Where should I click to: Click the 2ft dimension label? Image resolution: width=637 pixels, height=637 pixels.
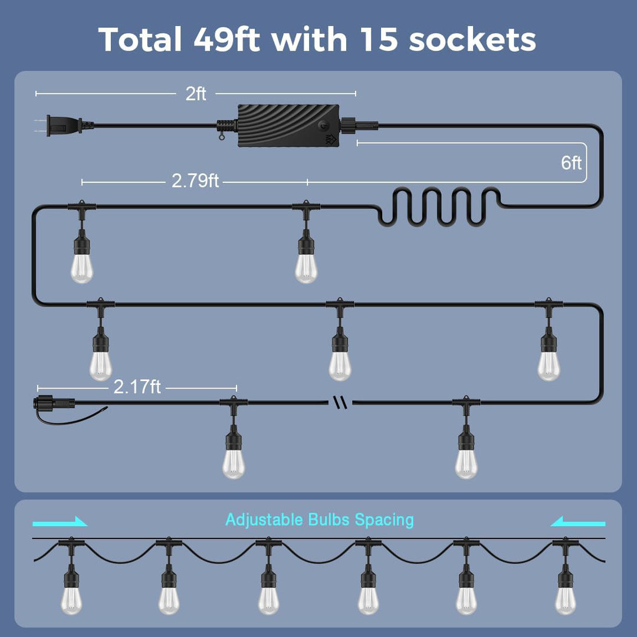tap(196, 94)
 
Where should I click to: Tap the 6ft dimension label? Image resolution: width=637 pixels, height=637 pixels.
tap(571, 163)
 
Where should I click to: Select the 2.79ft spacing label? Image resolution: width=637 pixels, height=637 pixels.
tap(195, 181)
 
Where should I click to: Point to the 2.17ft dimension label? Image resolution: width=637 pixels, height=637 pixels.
tap(137, 387)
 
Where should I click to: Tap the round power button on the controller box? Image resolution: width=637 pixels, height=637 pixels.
tap(323, 126)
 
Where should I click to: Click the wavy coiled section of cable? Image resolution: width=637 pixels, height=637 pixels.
tap(439, 206)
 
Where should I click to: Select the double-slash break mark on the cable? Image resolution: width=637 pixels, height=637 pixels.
tap(340, 403)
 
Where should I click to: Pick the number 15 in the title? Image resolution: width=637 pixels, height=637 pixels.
tap(379, 40)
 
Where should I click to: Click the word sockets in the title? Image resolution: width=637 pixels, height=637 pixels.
tap(472, 40)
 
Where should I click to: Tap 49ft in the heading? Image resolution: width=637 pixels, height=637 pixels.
tap(226, 40)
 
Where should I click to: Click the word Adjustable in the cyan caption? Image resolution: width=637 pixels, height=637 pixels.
tap(264, 520)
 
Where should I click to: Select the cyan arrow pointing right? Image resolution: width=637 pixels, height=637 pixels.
tap(60, 521)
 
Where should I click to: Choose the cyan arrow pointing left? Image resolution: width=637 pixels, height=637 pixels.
tap(577, 521)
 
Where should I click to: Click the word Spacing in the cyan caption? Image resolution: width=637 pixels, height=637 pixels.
tap(385, 520)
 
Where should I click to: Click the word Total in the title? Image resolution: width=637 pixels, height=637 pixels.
tap(140, 40)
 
